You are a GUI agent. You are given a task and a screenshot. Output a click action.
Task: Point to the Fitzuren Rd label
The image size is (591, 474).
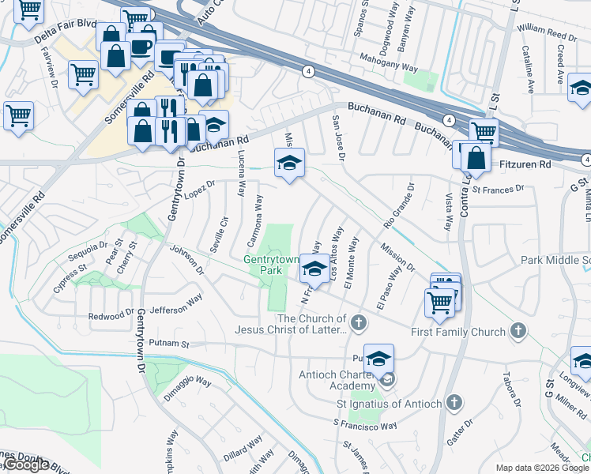pos(525,164)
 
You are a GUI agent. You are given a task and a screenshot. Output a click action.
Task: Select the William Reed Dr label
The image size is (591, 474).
pos(547,33)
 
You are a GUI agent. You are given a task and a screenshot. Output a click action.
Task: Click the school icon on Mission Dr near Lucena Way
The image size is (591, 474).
pos(289,164)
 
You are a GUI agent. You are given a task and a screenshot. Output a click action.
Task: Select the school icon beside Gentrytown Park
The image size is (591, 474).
pos(314,270)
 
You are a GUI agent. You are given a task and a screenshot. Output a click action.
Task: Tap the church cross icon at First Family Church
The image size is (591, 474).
pos(518,329)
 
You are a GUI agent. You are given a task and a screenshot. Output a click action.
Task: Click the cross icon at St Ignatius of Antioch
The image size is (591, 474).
pos(453,403)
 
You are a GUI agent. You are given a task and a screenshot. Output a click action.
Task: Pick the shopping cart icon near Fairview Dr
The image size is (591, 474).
pos(82,75)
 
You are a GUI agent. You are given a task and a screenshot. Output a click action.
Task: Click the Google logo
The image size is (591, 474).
pos(25,465)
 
